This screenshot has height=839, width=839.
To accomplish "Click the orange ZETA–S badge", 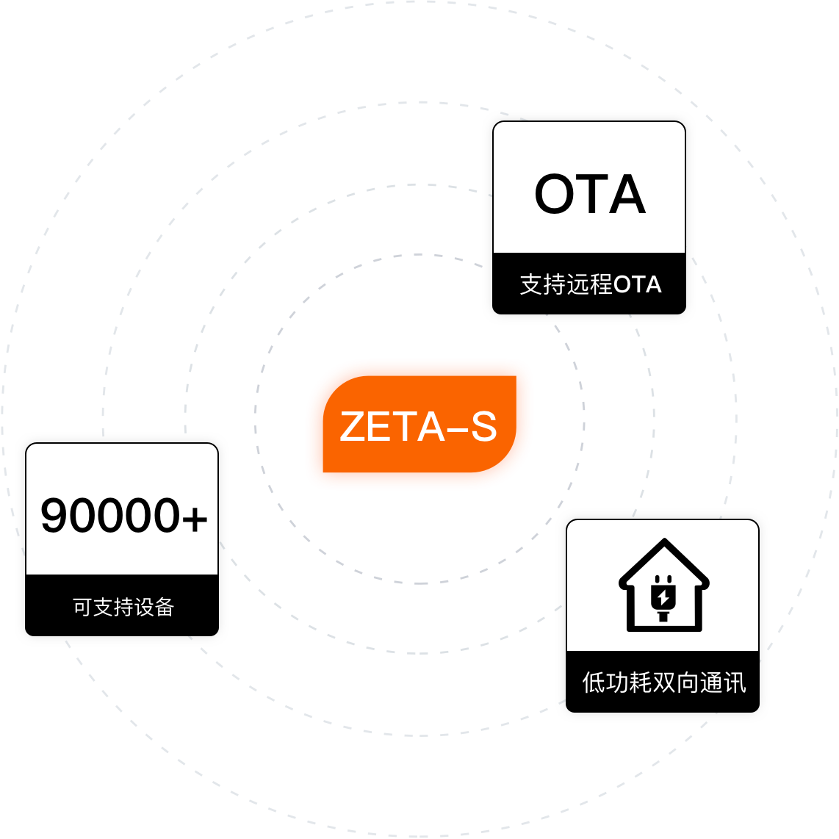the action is point(419,424).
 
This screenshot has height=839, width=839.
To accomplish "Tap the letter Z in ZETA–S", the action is point(353,426).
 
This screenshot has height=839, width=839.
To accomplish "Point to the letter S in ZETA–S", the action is point(484,426).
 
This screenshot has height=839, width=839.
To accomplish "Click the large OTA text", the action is point(590,194).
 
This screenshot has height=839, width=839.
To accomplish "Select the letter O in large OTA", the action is point(555,194).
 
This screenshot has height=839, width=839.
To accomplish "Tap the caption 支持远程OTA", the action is point(591,284).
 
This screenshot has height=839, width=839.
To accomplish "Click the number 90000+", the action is point(123,515).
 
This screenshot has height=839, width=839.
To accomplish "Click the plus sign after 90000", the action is point(194,518).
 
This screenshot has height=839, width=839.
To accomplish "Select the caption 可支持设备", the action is point(123,607).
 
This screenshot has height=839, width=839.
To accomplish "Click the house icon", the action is point(664,585).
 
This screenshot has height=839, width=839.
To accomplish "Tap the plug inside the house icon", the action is point(663,598).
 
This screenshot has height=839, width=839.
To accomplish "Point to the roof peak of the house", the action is point(665,539).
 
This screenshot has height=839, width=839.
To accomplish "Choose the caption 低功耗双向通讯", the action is point(664,683).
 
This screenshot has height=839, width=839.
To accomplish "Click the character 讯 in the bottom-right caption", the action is point(734,683).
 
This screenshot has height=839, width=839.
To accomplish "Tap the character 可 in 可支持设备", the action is point(82,607).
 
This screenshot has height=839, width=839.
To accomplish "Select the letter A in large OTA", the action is point(627,194).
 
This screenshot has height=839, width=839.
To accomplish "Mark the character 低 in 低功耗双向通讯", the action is point(594,683).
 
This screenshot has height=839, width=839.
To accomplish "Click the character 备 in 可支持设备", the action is point(165,607).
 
